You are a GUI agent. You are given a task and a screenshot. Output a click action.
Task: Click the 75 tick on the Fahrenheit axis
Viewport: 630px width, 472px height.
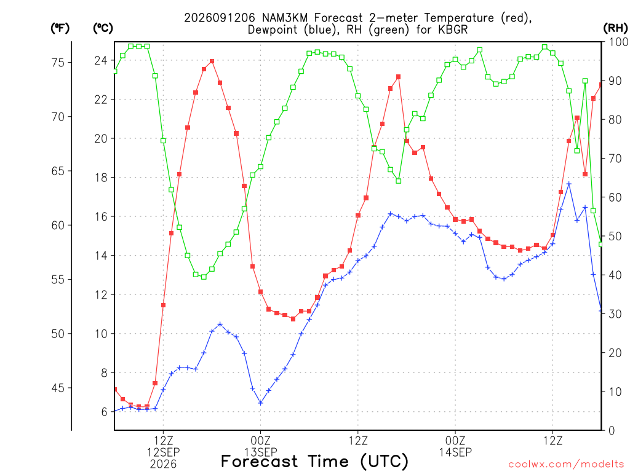58,62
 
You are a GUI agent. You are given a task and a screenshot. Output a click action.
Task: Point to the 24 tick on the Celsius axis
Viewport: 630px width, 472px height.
101,61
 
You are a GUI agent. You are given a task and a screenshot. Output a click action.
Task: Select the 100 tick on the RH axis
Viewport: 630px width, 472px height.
618,42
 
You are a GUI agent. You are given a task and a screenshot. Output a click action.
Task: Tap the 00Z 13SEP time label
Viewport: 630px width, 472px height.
260,446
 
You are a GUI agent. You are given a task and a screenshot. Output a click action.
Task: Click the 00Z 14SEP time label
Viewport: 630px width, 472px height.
455,446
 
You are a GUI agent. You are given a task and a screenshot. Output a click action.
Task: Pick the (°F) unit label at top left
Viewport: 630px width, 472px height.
60,28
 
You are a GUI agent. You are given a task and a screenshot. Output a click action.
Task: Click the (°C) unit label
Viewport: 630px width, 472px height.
103,28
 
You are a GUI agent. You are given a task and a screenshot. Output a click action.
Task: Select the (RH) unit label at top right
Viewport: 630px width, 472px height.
615,28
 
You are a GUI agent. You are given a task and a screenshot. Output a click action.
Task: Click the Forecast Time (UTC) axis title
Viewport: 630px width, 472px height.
314,462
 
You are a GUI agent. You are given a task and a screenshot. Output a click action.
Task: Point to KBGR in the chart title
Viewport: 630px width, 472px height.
453,29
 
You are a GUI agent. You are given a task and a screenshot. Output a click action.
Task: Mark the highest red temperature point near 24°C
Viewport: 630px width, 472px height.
212,61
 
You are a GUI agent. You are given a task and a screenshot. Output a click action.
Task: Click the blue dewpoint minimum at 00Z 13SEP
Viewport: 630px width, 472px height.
260,403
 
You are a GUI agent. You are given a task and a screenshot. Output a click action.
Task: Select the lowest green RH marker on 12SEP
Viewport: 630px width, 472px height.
204,277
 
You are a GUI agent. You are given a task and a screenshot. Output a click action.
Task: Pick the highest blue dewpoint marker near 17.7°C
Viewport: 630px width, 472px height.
569,184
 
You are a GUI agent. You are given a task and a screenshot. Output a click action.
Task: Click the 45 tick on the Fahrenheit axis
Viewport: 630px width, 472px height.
58,388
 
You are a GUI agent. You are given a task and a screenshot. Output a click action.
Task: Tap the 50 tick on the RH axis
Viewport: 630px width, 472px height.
615,236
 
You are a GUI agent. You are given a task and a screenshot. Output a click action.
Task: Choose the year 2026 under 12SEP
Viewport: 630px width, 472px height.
163,464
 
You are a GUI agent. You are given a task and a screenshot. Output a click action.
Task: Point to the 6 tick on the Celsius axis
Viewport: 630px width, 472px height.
104,412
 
